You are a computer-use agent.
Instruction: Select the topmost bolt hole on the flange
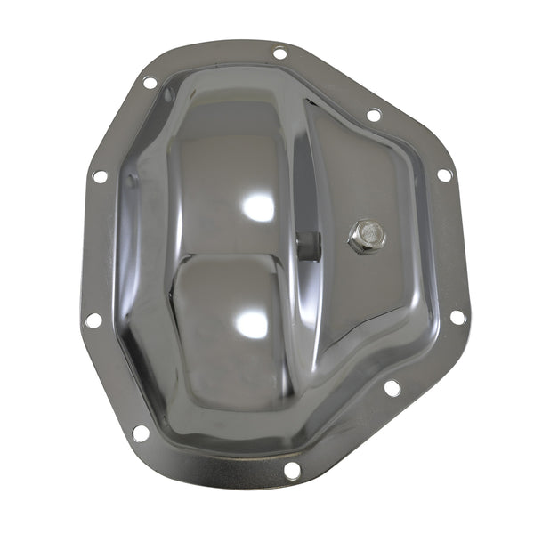(279, 53)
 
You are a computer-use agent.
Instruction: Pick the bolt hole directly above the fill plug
(375, 115)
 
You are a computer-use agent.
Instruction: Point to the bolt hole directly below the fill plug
(390, 387)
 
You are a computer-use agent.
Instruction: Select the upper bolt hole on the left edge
(99, 176)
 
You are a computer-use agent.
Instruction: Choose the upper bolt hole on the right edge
(444, 174)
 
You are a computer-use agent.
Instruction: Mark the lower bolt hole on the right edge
(457, 317)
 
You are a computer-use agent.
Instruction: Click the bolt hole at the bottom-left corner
(140, 433)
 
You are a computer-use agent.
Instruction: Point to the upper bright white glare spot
(258, 206)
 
